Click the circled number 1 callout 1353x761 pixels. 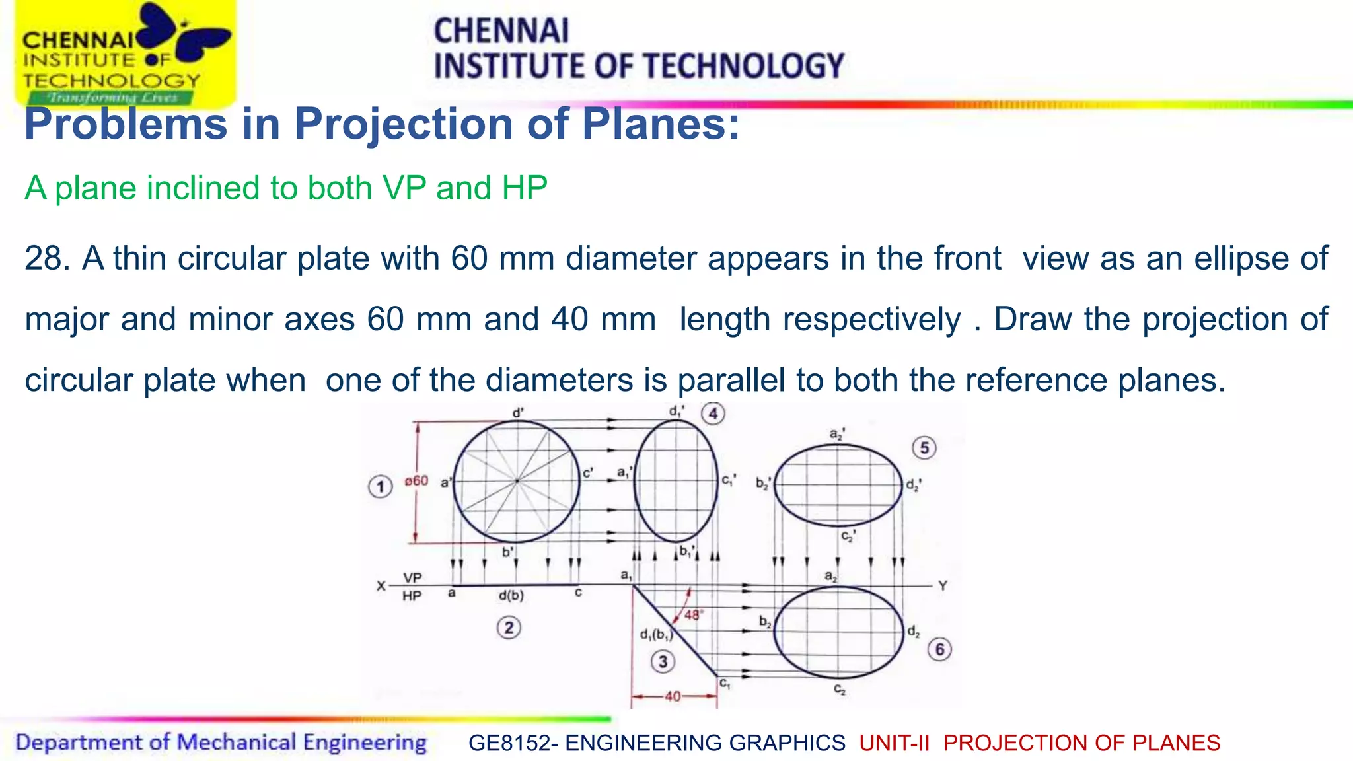pyautogui.click(x=380, y=488)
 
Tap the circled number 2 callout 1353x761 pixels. pyautogui.click(x=509, y=627)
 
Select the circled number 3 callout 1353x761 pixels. pyautogui.click(x=663, y=661)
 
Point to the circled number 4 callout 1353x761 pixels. pyautogui.click(x=713, y=414)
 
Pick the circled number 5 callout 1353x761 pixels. pyautogui.click(x=924, y=448)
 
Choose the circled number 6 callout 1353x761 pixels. pyautogui.click(x=939, y=649)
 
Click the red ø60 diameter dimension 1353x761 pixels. pyautogui.click(x=416, y=481)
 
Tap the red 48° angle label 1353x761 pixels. pyautogui.click(x=693, y=615)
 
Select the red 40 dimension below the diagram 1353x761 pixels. pyautogui.click(x=673, y=696)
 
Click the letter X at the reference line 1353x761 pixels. pyautogui.click(x=381, y=586)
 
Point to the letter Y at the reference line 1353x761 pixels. pyautogui.click(x=943, y=586)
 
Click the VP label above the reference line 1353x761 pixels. pyautogui.click(x=412, y=577)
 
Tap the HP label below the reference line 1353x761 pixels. pyautogui.click(x=412, y=596)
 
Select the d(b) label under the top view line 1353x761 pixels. pyautogui.click(x=511, y=595)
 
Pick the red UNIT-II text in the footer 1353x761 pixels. pyautogui.click(x=895, y=743)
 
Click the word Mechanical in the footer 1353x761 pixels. pyautogui.click(x=236, y=743)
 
